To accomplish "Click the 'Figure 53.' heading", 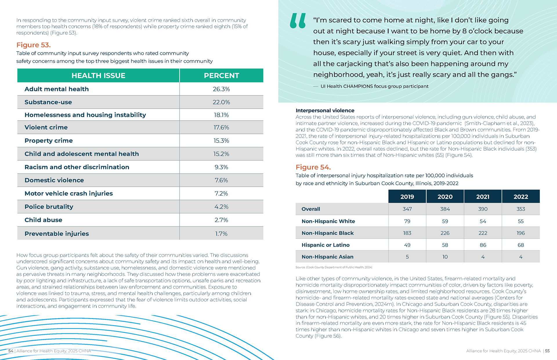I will (x=33, y=45).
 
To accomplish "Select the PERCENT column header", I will (x=221, y=76).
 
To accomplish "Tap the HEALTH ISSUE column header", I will (x=98, y=76).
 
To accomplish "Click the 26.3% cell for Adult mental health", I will (x=221, y=89).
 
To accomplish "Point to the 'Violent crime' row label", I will (x=46, y=128).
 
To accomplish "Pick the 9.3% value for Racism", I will (x=221, y=167).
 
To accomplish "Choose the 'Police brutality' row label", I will (x=49, y=207).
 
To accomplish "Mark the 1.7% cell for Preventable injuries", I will (x=221, y=234).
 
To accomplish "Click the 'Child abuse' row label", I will (x=43, y=220).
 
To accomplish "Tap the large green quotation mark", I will (x=298, y=21).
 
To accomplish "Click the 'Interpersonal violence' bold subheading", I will (x=325, y=110).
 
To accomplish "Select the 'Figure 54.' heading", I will (x=313, y=167).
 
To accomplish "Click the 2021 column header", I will (x=483, y=197).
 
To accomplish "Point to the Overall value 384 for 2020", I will (x=445, y=209).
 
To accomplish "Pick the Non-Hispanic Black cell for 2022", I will (x=521, y=233).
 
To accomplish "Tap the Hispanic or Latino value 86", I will (x=483, y=245).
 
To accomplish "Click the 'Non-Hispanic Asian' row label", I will (x=328, y=257).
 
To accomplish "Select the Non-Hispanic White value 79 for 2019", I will (x=407, y=221).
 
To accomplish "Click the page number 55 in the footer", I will (x=547, y=351).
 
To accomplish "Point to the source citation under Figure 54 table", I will (x=334, y=267).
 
